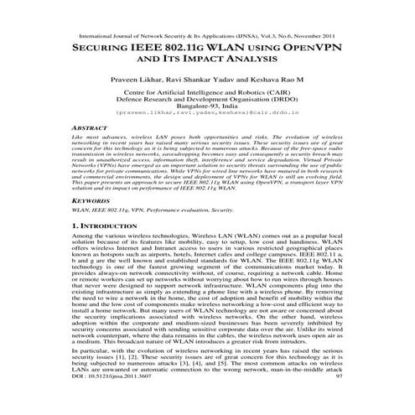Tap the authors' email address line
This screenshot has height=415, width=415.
(x=208, y=121)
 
